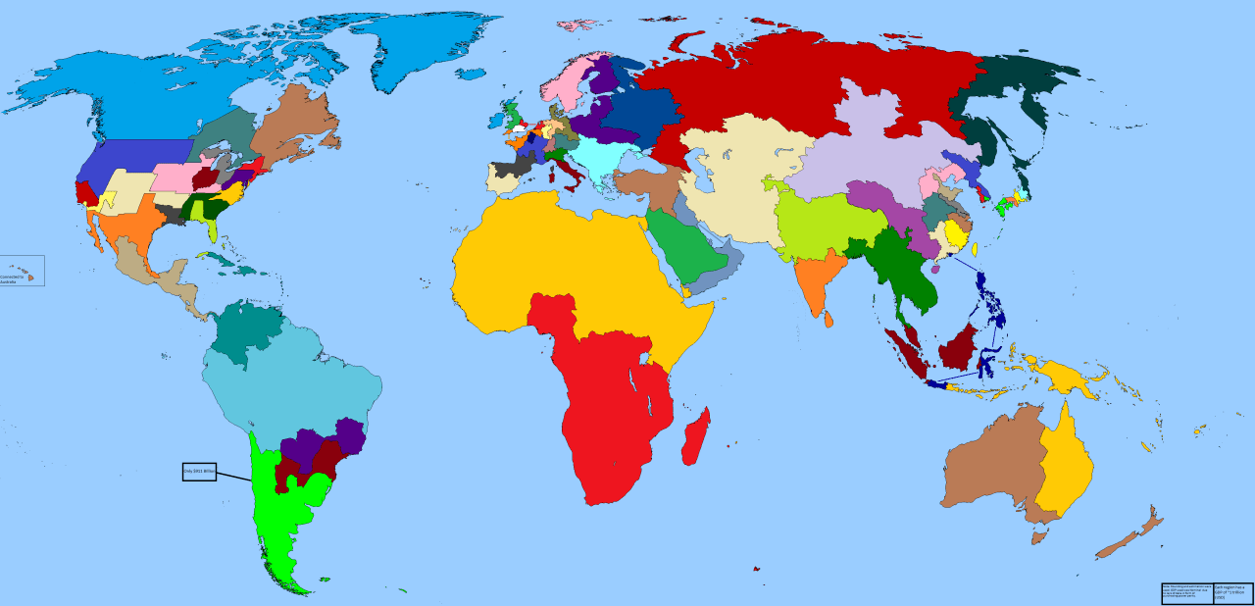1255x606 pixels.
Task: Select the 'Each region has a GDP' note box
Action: [1232, 593]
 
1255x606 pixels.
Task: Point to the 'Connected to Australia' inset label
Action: [20, 272]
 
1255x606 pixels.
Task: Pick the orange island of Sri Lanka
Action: [829, 318]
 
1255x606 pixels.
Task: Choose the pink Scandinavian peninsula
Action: [567, 83]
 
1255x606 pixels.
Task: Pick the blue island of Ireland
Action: [494, 121]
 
